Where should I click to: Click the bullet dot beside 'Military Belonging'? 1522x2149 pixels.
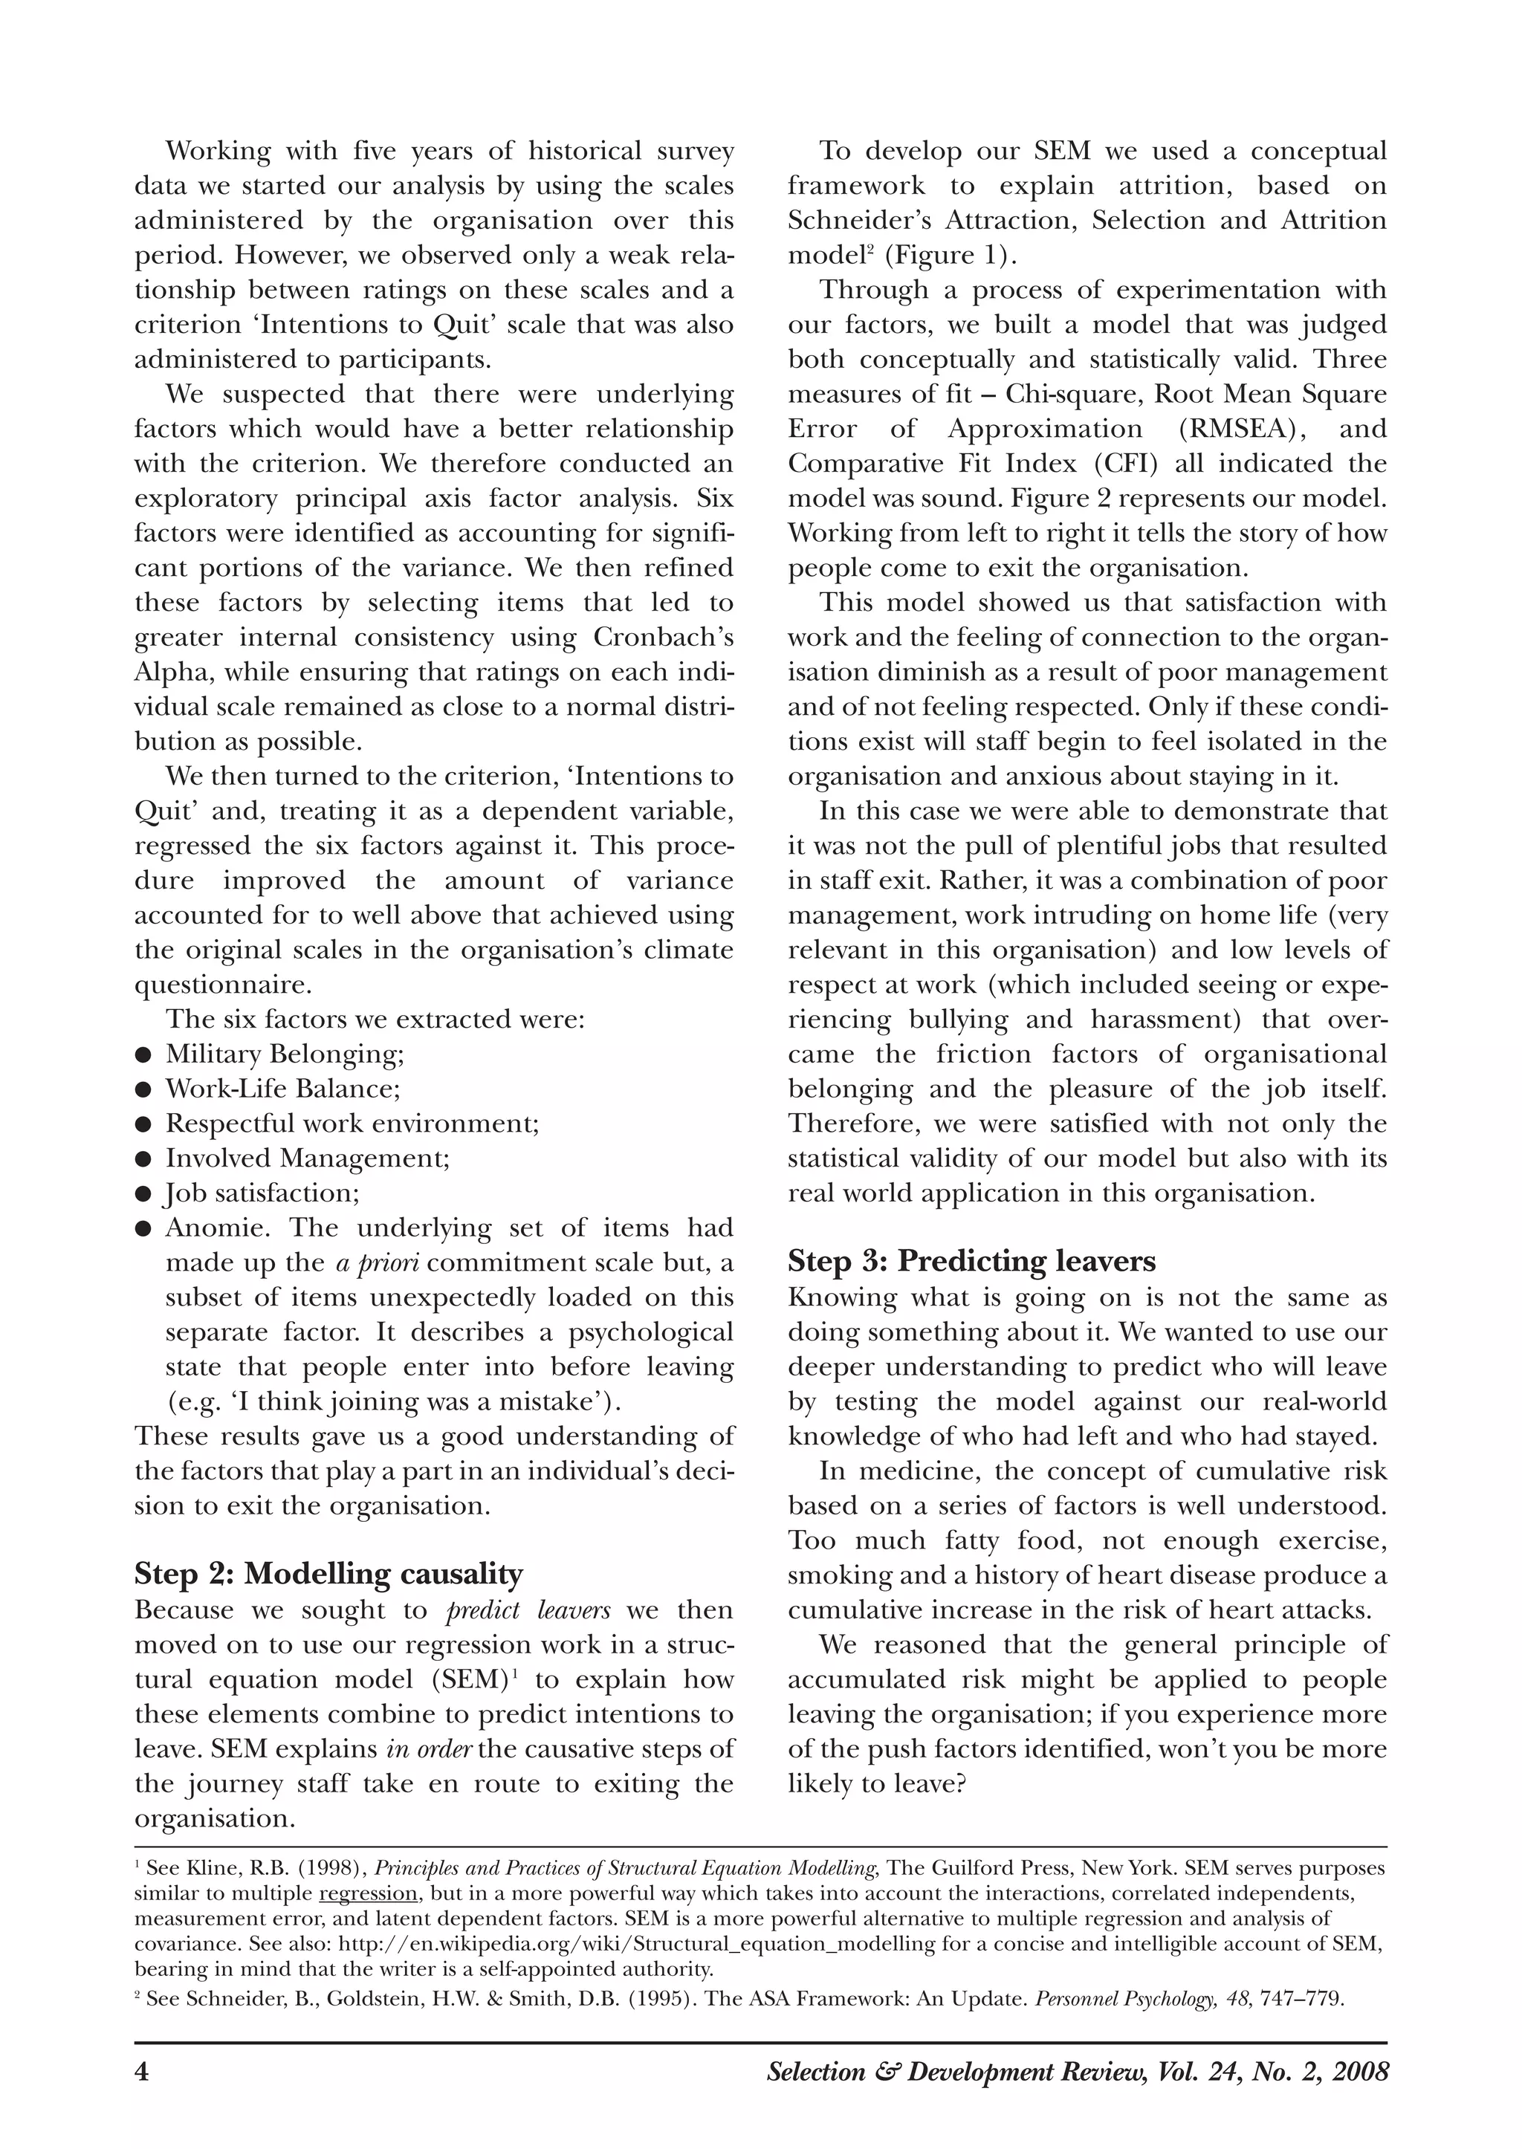click(143, 1055)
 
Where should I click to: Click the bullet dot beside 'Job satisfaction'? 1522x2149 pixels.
click(143, 1194)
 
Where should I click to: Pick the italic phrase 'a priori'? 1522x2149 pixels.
click(377, 1263)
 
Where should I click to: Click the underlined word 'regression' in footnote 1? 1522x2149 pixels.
click(367, 1891)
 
